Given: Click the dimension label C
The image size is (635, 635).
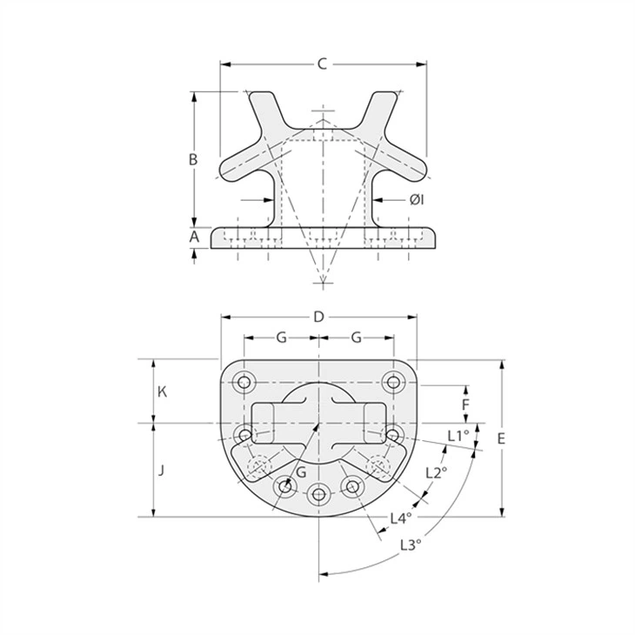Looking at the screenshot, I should pyautogui.click(x=322, y=63).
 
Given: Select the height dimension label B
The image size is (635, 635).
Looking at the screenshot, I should pyautogui.click(x=194, y=159).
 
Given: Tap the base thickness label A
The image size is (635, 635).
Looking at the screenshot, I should pyautogui.click(x=194, y=236).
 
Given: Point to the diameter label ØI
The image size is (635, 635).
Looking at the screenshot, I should pyautogui.click(x=417, y=200).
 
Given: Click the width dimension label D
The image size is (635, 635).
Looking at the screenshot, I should pyautogui.click(x=319, y=317).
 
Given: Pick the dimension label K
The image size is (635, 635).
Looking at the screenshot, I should pyautogui.click(x=162, y=391).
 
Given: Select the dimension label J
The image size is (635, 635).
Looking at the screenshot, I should pyautogui.click(x=162, y=470).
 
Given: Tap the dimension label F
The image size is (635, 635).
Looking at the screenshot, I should pyautogui.click(x=465, y=404).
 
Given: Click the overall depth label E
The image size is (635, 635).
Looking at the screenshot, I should pyautogui.click(x=501, y=439).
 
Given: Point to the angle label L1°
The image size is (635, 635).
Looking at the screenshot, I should pyautogui.click(x=458, y=435).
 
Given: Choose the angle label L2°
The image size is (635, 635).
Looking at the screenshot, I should pyautogui.click(x=437, y=472).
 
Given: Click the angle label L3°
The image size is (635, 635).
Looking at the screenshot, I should pyautogui.click(x=411, y=545).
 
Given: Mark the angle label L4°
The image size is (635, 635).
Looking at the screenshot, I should pyautogui.click(x=400, y=518).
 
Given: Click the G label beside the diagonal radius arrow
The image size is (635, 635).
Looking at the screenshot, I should pyautogui.click(x=300, y=471).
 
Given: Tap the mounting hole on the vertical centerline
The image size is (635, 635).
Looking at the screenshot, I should pyautogui.click(x=319, y=495).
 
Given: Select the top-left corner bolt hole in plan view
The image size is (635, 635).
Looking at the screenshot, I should pyautogui.click(x=244, y=381).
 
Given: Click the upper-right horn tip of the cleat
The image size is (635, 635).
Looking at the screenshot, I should pyautogui.click(x=387, y=96).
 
